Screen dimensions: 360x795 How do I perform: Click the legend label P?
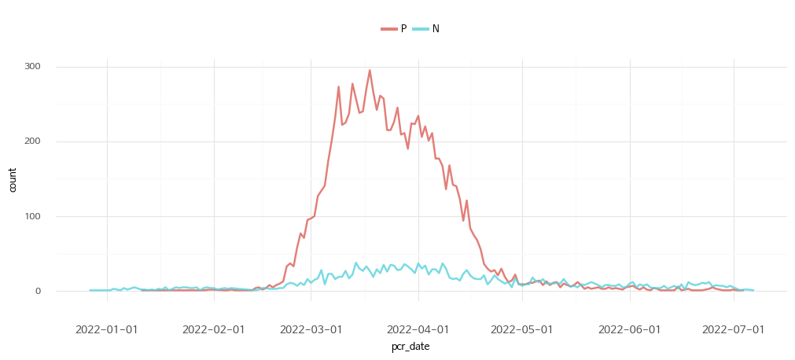point(403,29)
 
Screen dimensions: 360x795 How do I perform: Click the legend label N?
point(436,29)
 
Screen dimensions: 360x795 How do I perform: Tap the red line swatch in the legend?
point(389,29)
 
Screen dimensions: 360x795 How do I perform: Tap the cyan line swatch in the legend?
point(421,29)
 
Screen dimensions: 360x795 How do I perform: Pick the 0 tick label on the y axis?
point(49,291)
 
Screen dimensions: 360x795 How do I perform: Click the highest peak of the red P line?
point(370,71)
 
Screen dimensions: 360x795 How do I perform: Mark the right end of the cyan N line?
point(753,290)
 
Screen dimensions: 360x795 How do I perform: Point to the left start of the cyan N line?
point(90,290)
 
